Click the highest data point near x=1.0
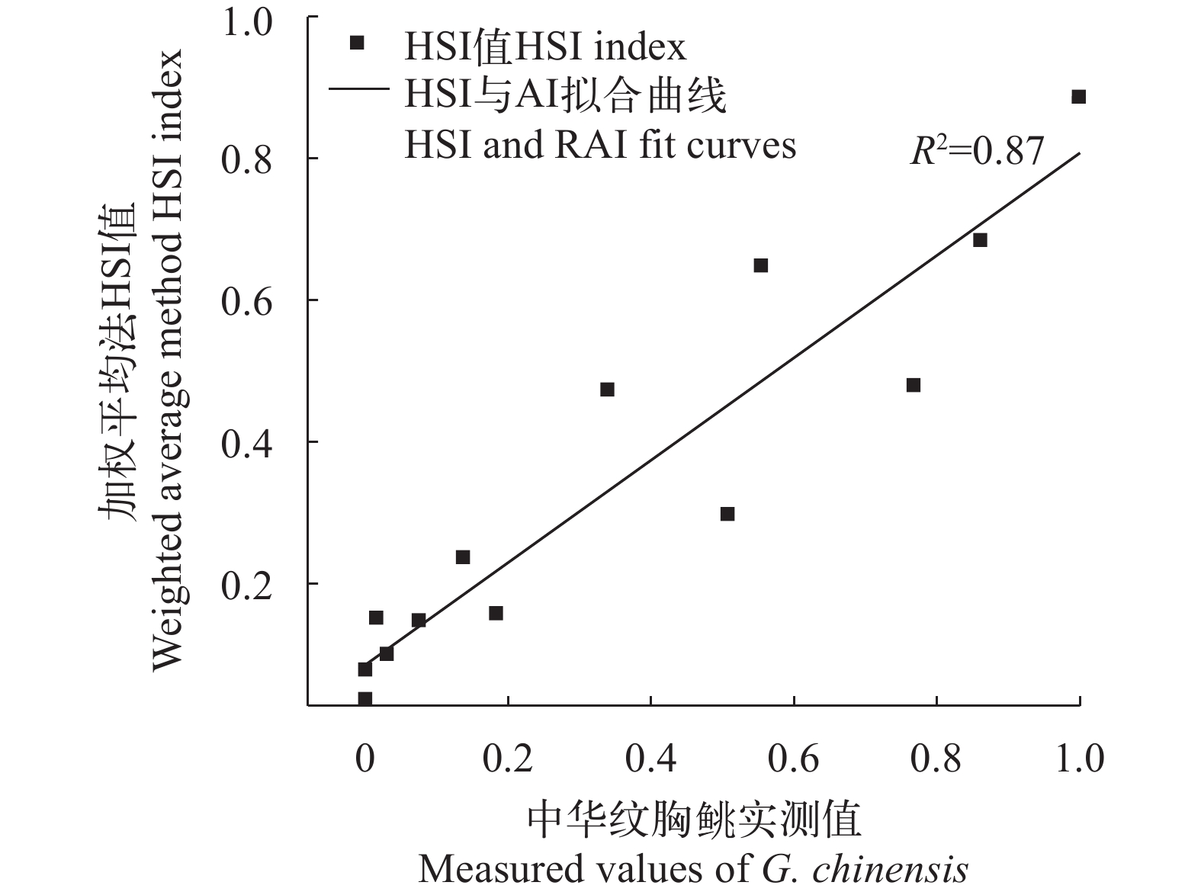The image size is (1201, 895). click(x=1078, y=97)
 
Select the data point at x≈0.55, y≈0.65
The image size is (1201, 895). click(x=760, y=265)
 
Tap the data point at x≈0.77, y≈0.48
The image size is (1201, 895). click(x=913, y=385)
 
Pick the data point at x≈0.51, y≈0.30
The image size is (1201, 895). click(x=727, y=514)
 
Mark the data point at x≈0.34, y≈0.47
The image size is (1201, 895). click(x=607, y=390)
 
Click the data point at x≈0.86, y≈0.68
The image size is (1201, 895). click(x=980, y=240)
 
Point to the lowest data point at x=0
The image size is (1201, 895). click(x=364, y=698)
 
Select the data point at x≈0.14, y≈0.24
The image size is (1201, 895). click(x=463, y=557)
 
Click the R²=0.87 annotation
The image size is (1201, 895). click(x=977, y=151)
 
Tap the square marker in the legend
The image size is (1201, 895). click(x=356, y=43)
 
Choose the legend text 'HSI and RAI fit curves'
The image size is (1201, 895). click(x=599, y=145)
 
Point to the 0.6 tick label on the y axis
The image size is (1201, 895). click(x=246, y=302)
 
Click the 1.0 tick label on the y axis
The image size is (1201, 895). click(x=246, y=23)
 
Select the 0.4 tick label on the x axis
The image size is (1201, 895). click(x=650, y=759)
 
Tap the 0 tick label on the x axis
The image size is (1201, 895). click(x=364, y=759)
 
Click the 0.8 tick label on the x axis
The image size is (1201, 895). click(x=936, y=759)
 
